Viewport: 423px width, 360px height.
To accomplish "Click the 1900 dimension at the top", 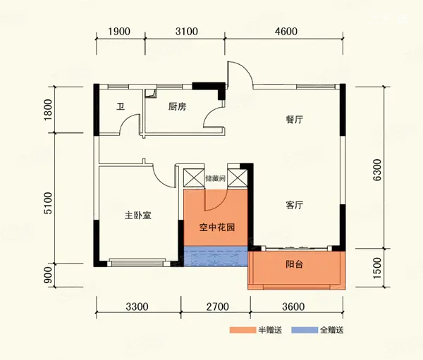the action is [x=119, y=32].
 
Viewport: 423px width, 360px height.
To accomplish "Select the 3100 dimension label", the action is [x=187, y=32].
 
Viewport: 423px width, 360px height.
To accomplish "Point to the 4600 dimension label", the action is [x=286, y=32].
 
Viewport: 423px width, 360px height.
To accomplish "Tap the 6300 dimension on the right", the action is [x=378, y=170].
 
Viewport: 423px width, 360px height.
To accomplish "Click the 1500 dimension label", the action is [x=378, y=268].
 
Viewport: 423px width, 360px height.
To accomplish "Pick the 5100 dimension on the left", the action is [x=48, y=203].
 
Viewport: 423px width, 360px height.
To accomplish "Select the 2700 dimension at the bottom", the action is [x=218, y=306].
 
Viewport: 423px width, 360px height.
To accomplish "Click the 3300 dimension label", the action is [x=137, y=306].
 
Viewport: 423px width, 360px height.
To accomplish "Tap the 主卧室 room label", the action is [x=138, y=216].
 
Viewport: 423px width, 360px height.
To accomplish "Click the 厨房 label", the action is [x=177, y=107].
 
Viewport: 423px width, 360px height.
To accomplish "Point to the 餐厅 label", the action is [x=294, y=120].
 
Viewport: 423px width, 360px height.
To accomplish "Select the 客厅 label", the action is [x=294, y=205].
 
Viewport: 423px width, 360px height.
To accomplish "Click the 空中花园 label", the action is [x=217, y=228].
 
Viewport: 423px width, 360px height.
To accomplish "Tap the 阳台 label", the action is [x=294, y=264].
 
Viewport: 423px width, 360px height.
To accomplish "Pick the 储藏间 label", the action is [x=215, y=178].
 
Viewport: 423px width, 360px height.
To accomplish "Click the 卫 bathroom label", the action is [x=121, y=107].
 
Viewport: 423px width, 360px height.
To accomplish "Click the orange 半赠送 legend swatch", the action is [x=243, y=330].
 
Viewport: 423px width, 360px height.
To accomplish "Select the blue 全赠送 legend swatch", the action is [x=305, y=330].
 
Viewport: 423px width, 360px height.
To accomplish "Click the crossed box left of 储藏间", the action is [x=194, y=178].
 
